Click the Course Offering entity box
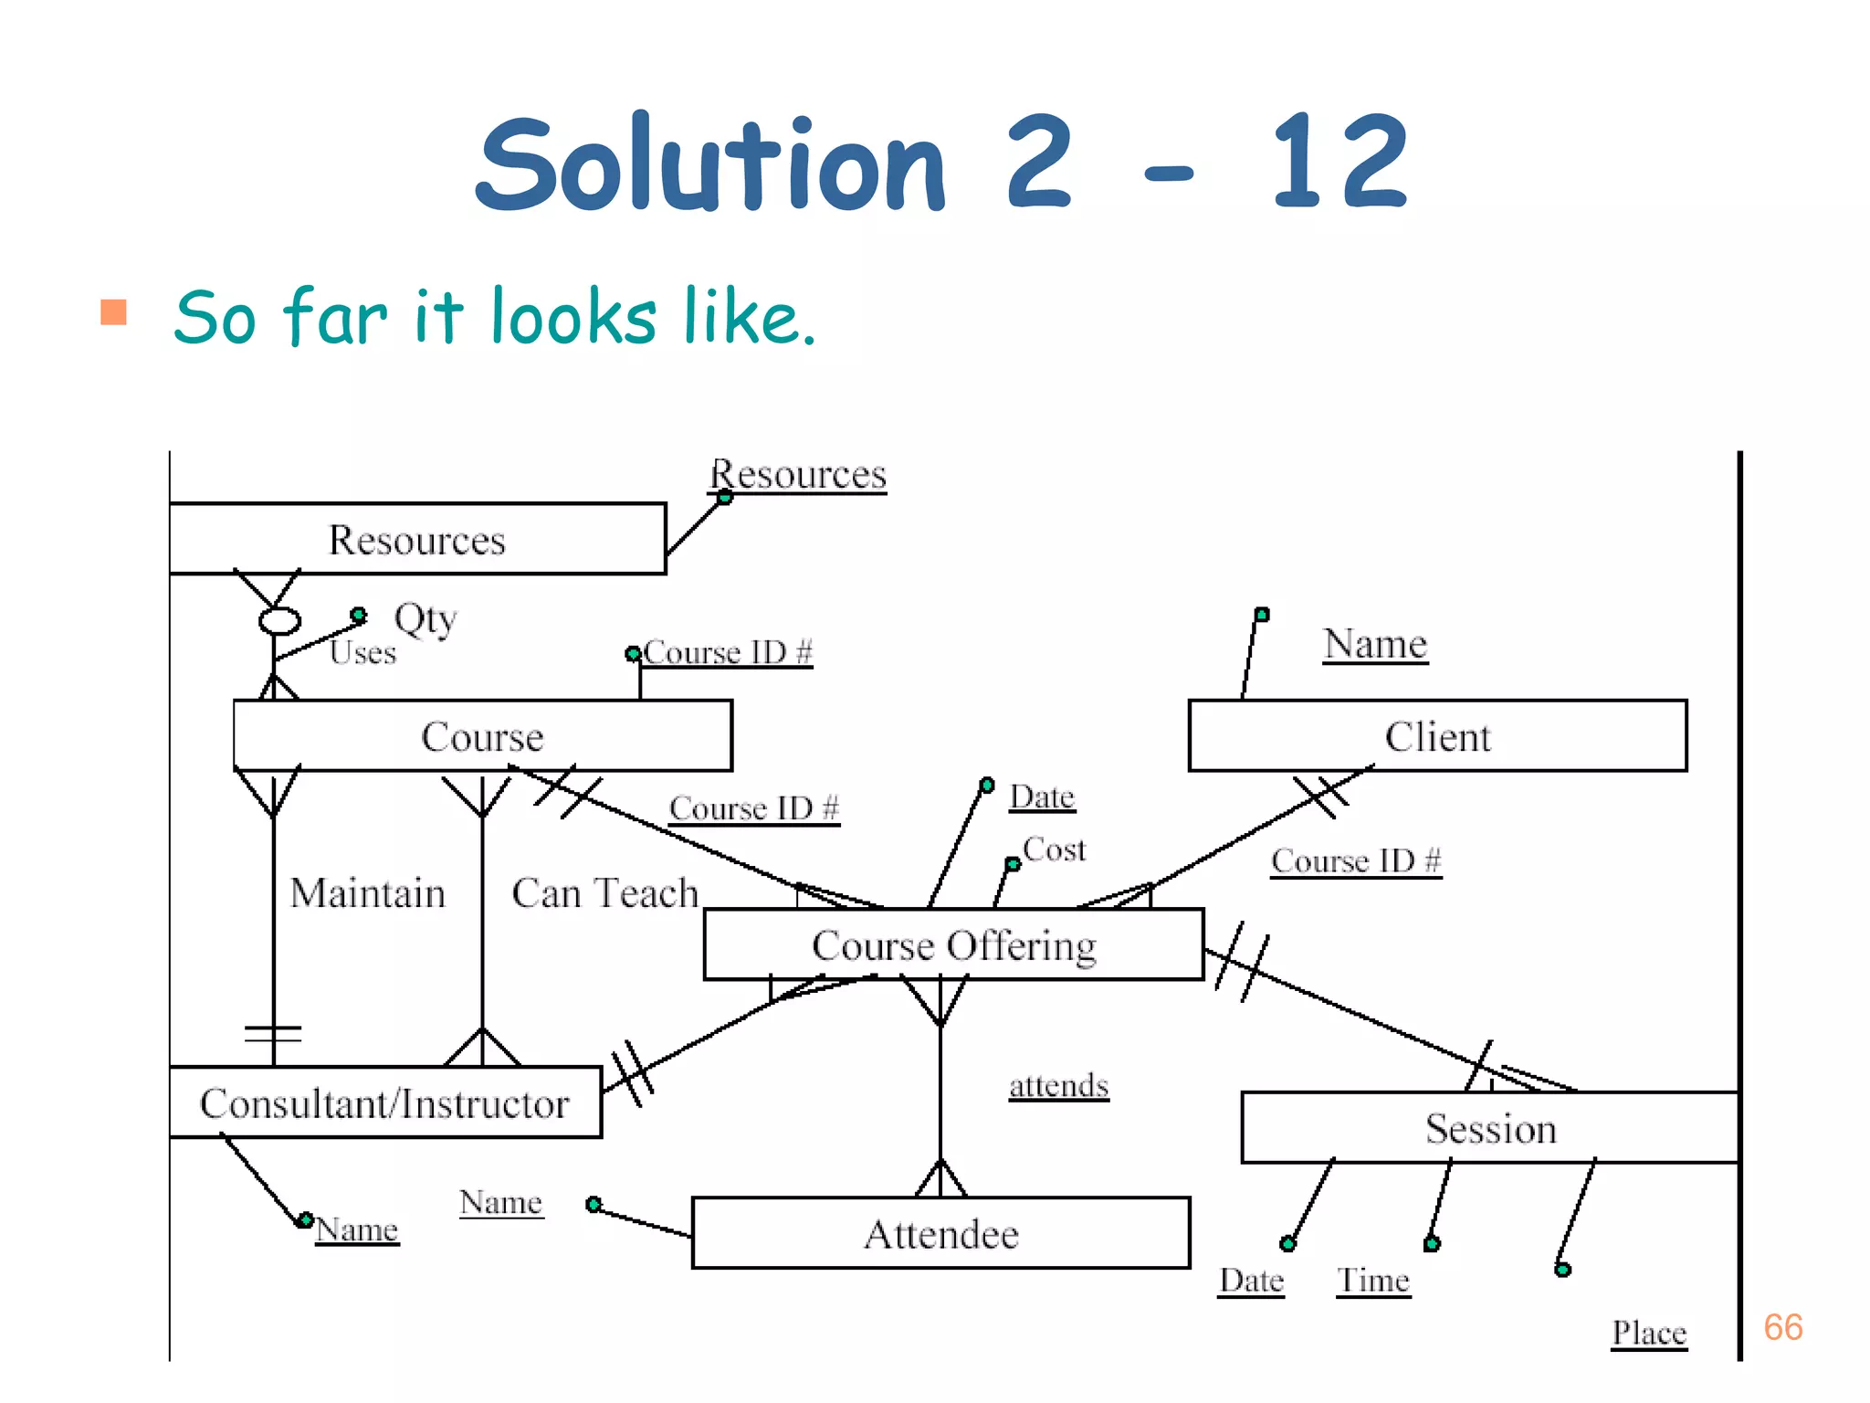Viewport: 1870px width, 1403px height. pyautogui.click(x=953, y=944)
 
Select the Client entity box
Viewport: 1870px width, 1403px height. pyautogui.click(x=1437, y=736)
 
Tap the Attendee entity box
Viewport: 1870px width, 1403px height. pyautogui.click(x=940, y=1233)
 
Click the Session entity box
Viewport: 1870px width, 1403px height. pyautogui.click(x=1490, y=1128)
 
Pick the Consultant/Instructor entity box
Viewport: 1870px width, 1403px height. pyautogui.click(x=384, y=1102)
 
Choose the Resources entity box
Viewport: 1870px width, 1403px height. pyautogui.click(x=417, y=539)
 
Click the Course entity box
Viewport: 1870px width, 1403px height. pyautogui.click(x=482, y=736)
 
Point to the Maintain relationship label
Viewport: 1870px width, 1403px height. pyautogui.click(x=367, y=892)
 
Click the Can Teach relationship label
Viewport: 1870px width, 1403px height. pyautogui.click(x=604, y=892)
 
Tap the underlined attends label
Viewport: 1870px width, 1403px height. pyautogui.click(x=1058, y=1085)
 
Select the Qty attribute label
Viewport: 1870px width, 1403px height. pyautogui.click(x=425, y=618)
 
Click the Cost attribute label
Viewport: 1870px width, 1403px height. pyautogui.click(x=1055, y=849)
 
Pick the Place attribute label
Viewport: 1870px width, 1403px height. pyautogui.click(x=1648, y=1333)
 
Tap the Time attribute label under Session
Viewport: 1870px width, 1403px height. pyautogui.click(x=1373, y=1280)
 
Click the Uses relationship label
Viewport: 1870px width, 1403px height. pyautogui.click(x=362, y=652)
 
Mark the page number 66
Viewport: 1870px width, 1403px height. pyautogui.click(x=1782, y=1327)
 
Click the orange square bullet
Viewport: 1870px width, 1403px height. pyautogui.click(x=113, y=312)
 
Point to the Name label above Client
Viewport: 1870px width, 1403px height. pyautogui.click(x=1375, y=644)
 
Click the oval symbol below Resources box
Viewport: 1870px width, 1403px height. pyautogui.click(x=279, y=621)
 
